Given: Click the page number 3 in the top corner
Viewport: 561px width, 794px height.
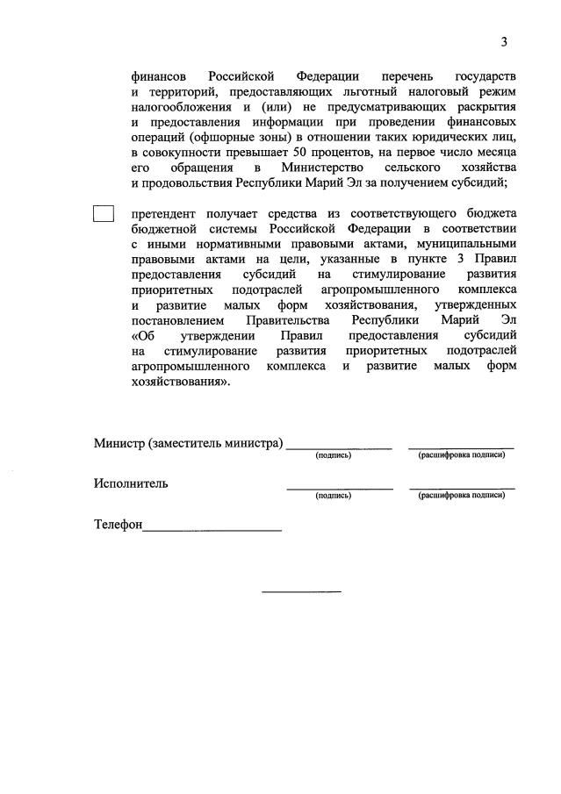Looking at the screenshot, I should click(504, 41).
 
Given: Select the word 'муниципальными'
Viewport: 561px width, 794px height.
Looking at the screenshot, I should click(465, 242).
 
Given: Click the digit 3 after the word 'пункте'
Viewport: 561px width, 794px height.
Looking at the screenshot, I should click(466, 257).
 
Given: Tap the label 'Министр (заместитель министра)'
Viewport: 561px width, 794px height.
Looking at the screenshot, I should click(189, 443).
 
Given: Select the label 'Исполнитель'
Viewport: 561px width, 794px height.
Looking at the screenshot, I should click(131, 483).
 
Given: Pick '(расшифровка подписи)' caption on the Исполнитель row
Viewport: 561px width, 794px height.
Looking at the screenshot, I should click(462, 496).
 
